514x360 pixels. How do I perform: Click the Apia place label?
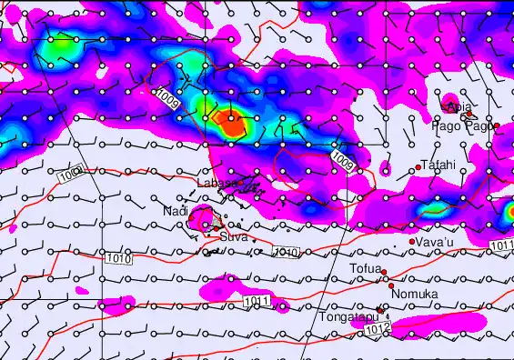coord(460,107)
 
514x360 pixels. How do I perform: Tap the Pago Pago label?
coord(467,126)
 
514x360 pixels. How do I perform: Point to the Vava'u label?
coord(433,242)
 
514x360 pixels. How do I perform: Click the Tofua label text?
coord(364,268)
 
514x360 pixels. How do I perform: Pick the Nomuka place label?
coord(414,295)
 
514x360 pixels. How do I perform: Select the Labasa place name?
coord(217,183)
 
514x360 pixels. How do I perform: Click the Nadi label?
coord(175,211)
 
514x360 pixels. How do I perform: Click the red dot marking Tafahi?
coord(418,166)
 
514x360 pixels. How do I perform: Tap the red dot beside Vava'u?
coord(411,242)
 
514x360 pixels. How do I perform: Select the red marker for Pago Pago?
coord(497,125)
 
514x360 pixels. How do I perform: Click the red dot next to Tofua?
coord(384,272)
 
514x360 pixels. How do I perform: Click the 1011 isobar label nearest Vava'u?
coord(502,245)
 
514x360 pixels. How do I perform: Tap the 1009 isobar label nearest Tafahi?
coord(342,161)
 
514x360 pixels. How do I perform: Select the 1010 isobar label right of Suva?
coord(286,251)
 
